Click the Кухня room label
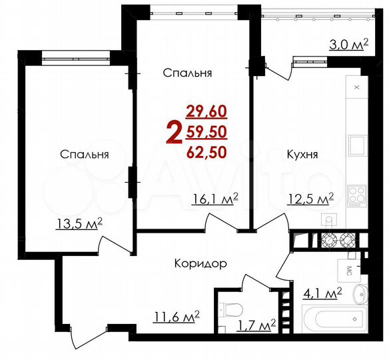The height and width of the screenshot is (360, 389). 302,155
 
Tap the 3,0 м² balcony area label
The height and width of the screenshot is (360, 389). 348,45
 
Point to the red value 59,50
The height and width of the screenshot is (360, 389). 206,131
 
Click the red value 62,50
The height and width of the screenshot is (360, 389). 206,151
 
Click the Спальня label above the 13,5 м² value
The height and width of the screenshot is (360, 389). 85,155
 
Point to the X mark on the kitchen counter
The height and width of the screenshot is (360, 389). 357,87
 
